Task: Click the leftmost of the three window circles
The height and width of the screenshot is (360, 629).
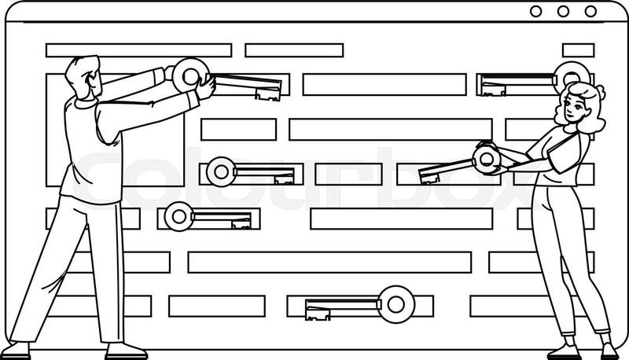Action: [535, 11]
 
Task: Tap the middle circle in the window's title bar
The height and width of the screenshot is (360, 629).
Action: [563, 11]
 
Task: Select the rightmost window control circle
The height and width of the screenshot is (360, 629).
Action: [590, 11]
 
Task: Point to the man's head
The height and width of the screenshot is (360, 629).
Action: [84, 77]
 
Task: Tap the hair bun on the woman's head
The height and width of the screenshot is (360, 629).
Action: [600, 93]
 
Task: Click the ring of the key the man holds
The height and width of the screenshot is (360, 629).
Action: [190, 75]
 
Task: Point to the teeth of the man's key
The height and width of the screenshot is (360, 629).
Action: [268, 94]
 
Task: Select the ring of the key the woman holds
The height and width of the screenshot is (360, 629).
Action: [487, 159]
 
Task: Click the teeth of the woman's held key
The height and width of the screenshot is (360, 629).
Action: [429, 178]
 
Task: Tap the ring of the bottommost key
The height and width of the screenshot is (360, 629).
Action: [396, 305]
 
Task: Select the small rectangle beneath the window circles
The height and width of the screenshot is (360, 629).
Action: [578, 50]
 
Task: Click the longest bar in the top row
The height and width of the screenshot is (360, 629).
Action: [139, 50]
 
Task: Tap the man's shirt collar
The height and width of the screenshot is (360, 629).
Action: [87, 103]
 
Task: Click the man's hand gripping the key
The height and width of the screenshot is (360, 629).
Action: [206, 87]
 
